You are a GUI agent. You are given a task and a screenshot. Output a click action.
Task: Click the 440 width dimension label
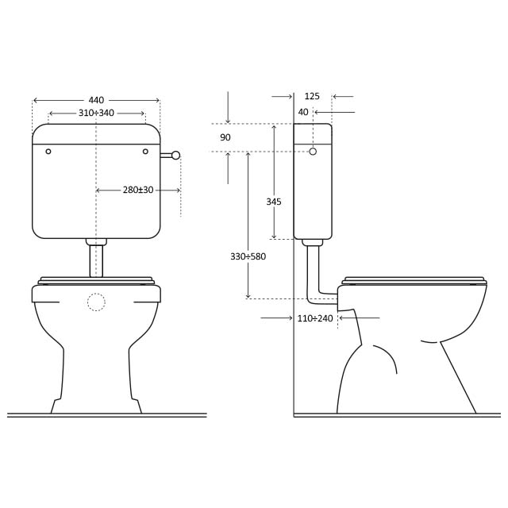click(96, 100)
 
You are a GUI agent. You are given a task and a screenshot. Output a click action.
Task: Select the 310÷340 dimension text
click(96, 113)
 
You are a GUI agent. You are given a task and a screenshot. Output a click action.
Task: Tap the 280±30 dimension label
click(138, 190)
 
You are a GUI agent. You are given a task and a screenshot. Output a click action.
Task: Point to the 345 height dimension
click(274, 202)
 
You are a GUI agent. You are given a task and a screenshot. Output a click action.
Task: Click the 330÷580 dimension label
click(248, 256)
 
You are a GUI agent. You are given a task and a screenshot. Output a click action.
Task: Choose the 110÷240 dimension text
click(315, 318)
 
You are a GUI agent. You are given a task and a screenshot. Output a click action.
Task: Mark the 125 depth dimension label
click(312, 96)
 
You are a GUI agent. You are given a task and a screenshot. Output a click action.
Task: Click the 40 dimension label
click(303, 112)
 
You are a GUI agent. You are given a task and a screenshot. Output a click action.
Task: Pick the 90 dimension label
click(225, 137)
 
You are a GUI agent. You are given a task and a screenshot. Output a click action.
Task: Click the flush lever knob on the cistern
click(175, 156)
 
